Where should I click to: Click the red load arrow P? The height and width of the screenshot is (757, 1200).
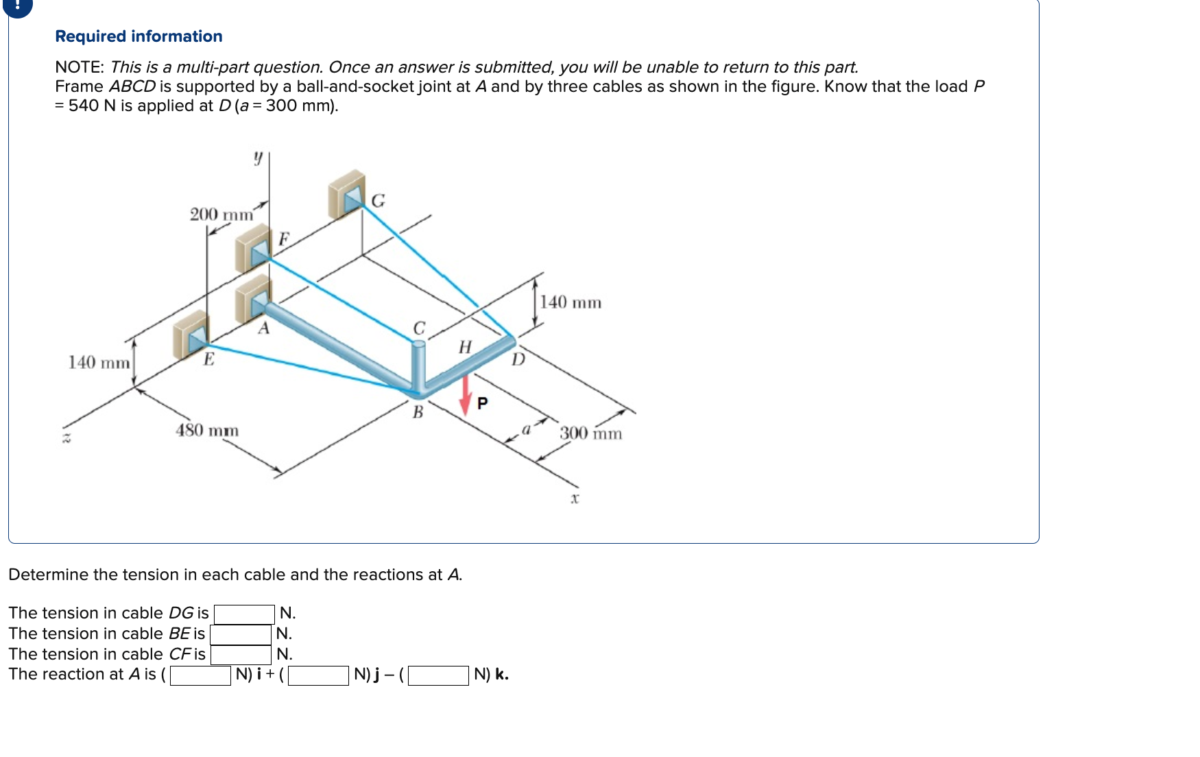[x=466, y=396]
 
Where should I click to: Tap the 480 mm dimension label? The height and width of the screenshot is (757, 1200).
[x=207, y=431]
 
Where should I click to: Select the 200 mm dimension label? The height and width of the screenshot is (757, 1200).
[x=221, y=215]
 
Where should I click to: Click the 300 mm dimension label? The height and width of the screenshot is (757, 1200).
[x=590, y=433]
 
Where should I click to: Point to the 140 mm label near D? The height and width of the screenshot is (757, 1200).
[x=571, y=302]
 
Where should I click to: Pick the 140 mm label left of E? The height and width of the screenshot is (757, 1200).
[x=99, y=362]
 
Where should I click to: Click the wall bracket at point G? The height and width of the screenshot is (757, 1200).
[x=347, y=193]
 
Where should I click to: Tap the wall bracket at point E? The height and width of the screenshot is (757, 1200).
[x=190, y=334]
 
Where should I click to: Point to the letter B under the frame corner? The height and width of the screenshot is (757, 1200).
[x=418, y=413]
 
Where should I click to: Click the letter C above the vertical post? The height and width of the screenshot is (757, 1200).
[x=419, y=328]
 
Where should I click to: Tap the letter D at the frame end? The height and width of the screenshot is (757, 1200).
[x=518, y=359]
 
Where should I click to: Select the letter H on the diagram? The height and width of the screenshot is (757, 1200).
[x=465, y=347]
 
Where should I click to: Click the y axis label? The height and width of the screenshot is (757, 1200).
[x=258, y=158]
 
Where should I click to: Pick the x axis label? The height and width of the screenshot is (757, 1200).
[x=575, y=498]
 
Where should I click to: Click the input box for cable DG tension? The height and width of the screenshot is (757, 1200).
[x=244, y=613]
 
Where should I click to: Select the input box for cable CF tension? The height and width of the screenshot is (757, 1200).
[x=241, y=654]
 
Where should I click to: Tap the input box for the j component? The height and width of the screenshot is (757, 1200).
[x=318, y=675]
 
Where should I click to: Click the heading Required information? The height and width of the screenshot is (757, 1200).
[x=139, y=36]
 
